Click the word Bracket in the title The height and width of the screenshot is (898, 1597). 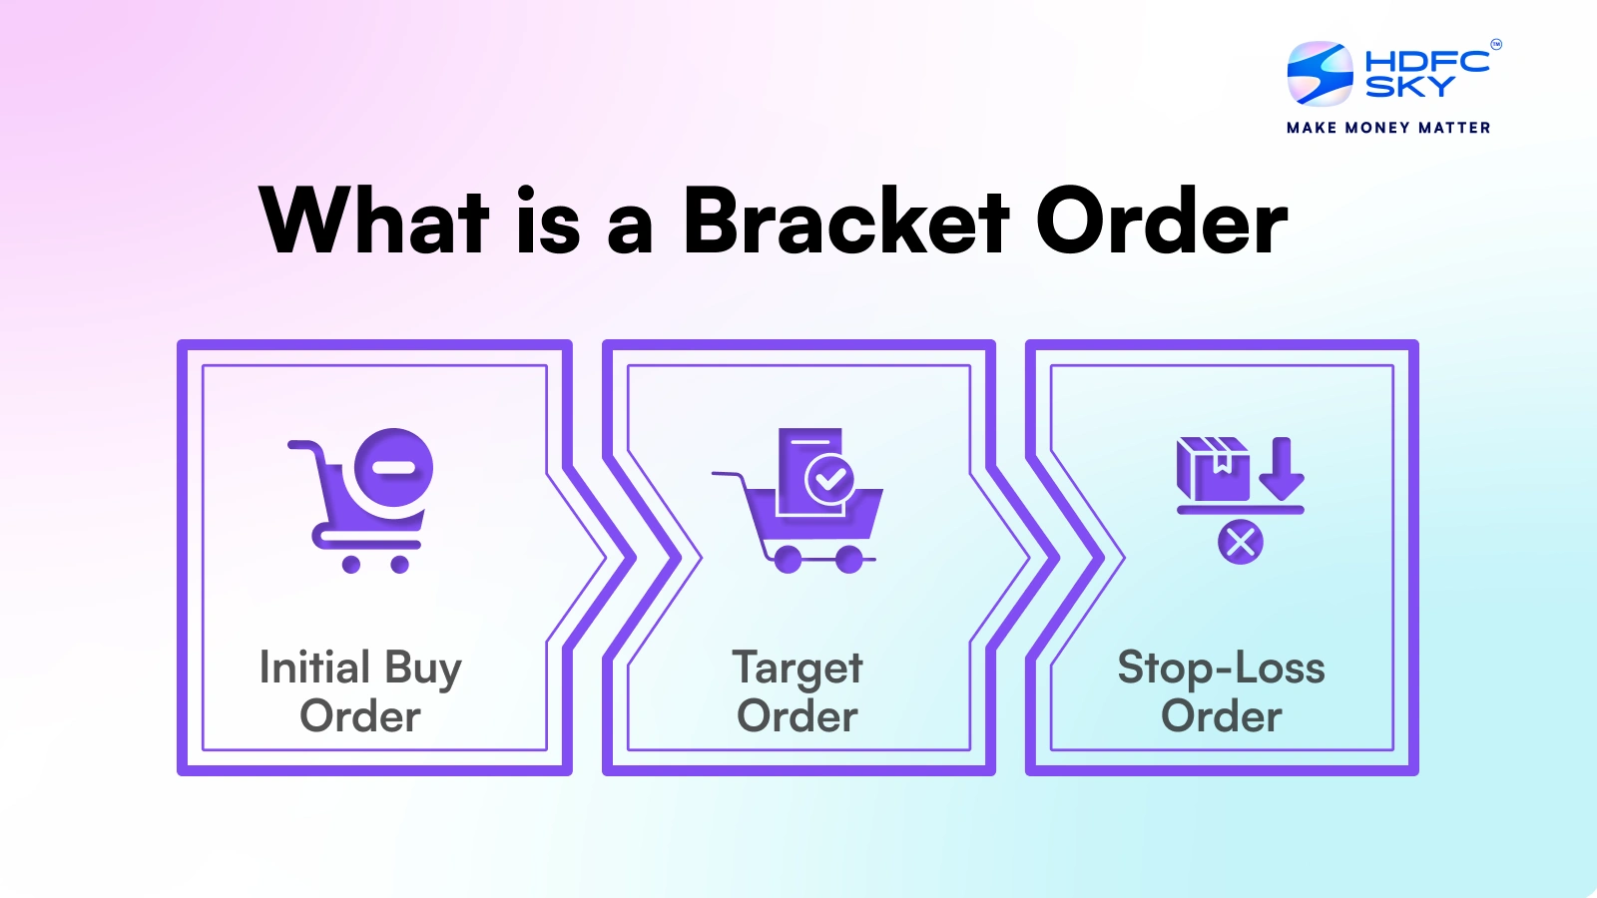845,222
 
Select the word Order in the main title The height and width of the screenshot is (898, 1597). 1162,222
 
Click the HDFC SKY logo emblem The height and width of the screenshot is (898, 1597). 1320,73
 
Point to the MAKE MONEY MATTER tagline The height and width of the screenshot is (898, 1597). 1388,128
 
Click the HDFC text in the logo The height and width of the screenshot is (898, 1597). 1426,61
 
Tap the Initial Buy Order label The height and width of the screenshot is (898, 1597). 360,690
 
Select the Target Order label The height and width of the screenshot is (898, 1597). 798,690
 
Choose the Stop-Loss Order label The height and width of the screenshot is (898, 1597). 1221,690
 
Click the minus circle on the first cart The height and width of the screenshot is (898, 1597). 394,468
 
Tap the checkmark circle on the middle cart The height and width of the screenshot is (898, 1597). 829,479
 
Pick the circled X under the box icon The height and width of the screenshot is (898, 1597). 1241,543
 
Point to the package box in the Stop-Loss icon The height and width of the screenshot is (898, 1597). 1213,468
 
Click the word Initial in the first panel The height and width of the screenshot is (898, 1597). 314,667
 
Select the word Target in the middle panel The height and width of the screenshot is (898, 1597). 798,668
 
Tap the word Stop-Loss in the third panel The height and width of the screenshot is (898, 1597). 1221,667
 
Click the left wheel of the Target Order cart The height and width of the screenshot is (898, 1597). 788,560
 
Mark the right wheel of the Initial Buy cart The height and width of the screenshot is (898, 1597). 399,565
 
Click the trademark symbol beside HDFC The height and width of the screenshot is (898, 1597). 1495,44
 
